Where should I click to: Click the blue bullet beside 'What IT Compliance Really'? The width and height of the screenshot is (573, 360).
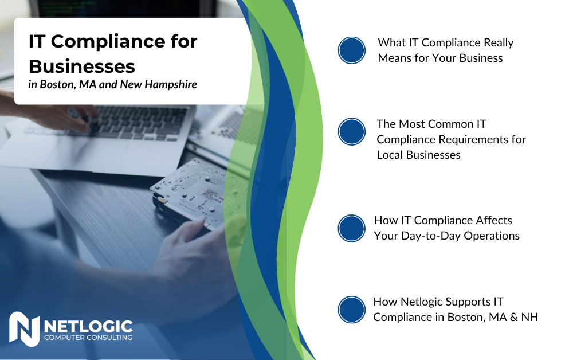tap(352, 50)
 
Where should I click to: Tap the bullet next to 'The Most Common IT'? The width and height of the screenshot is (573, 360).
tap(352, 132)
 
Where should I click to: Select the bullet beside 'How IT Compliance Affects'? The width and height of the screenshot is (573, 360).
tap(352, 228)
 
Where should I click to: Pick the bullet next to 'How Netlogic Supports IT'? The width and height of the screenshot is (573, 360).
tap(352, 310)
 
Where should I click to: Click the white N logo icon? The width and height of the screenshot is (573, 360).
tap(24, 329)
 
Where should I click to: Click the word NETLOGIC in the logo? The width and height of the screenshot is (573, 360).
tap(88, 326)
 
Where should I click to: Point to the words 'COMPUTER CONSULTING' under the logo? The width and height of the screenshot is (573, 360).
tap(88, 338)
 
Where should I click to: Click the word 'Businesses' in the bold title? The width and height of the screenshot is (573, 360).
tap(82, 66)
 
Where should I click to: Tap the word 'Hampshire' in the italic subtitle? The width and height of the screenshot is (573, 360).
tap(171, 84)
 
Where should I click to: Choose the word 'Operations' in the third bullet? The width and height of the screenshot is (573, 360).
tap(492, 236)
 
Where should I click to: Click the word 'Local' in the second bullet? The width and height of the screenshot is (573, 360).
tap(390, 155)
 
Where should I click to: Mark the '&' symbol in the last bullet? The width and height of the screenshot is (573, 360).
tap(514, 317)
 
